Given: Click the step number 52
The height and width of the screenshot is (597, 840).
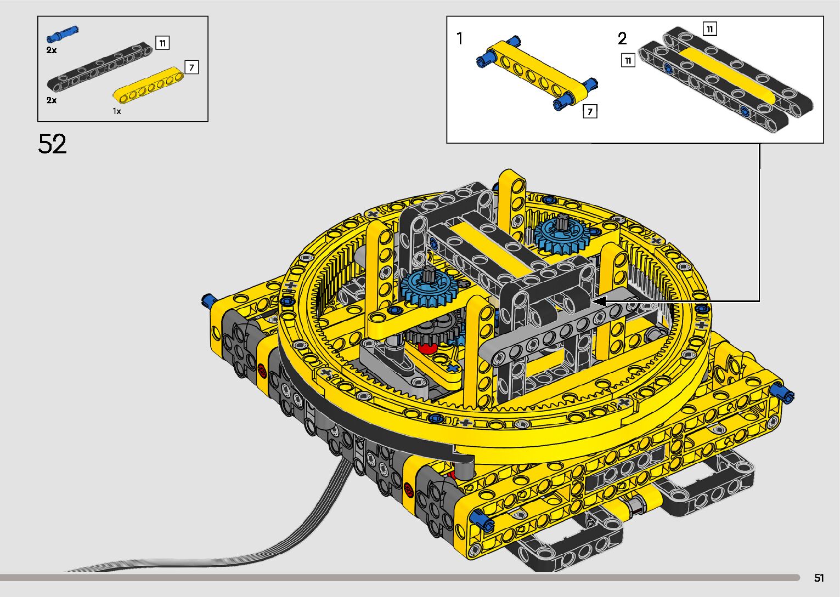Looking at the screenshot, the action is (x=53, y=144).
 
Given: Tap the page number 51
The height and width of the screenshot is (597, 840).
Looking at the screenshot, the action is (x=819, y=577).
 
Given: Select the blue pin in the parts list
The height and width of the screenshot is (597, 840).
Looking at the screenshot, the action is (x=62, y=34).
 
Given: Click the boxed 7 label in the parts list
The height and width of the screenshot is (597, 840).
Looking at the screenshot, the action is (x=191, y=67).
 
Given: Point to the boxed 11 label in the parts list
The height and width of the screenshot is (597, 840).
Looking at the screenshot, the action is (x=162, y=43).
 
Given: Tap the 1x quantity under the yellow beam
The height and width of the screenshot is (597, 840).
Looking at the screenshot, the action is (x=117, y=111).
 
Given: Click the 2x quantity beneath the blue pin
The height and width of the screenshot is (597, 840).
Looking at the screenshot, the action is (x=52, y=50).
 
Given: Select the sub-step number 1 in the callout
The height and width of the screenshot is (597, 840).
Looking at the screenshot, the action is (x=459, y=38).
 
